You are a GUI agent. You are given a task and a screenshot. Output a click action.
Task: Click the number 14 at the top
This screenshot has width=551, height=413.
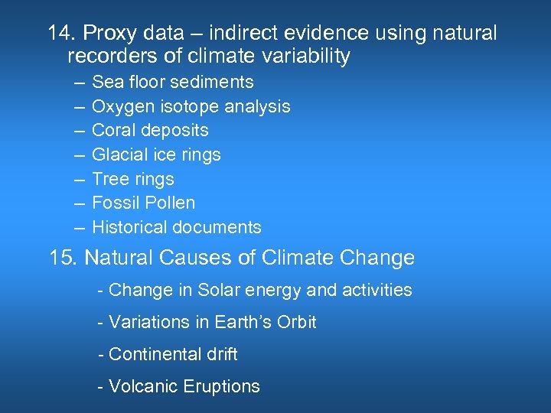(60, 34)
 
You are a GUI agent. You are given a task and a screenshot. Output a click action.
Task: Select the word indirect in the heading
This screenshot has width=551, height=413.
(240, 34)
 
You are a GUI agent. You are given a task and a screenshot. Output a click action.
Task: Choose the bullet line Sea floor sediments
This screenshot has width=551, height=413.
(172, 82)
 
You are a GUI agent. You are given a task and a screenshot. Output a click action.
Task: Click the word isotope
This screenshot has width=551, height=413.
(191, 106)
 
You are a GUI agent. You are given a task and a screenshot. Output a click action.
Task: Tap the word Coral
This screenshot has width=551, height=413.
(113, 130)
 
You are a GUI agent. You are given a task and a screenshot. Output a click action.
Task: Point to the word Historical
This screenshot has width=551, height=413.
(129, 227)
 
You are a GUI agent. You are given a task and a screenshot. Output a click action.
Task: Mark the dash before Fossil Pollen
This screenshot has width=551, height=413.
(79, 203)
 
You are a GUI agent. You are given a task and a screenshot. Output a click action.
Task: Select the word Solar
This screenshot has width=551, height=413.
(219, 291)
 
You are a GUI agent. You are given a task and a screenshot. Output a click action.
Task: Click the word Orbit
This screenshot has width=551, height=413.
(296, 323)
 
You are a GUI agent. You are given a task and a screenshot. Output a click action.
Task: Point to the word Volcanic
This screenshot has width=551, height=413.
(142, 387)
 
